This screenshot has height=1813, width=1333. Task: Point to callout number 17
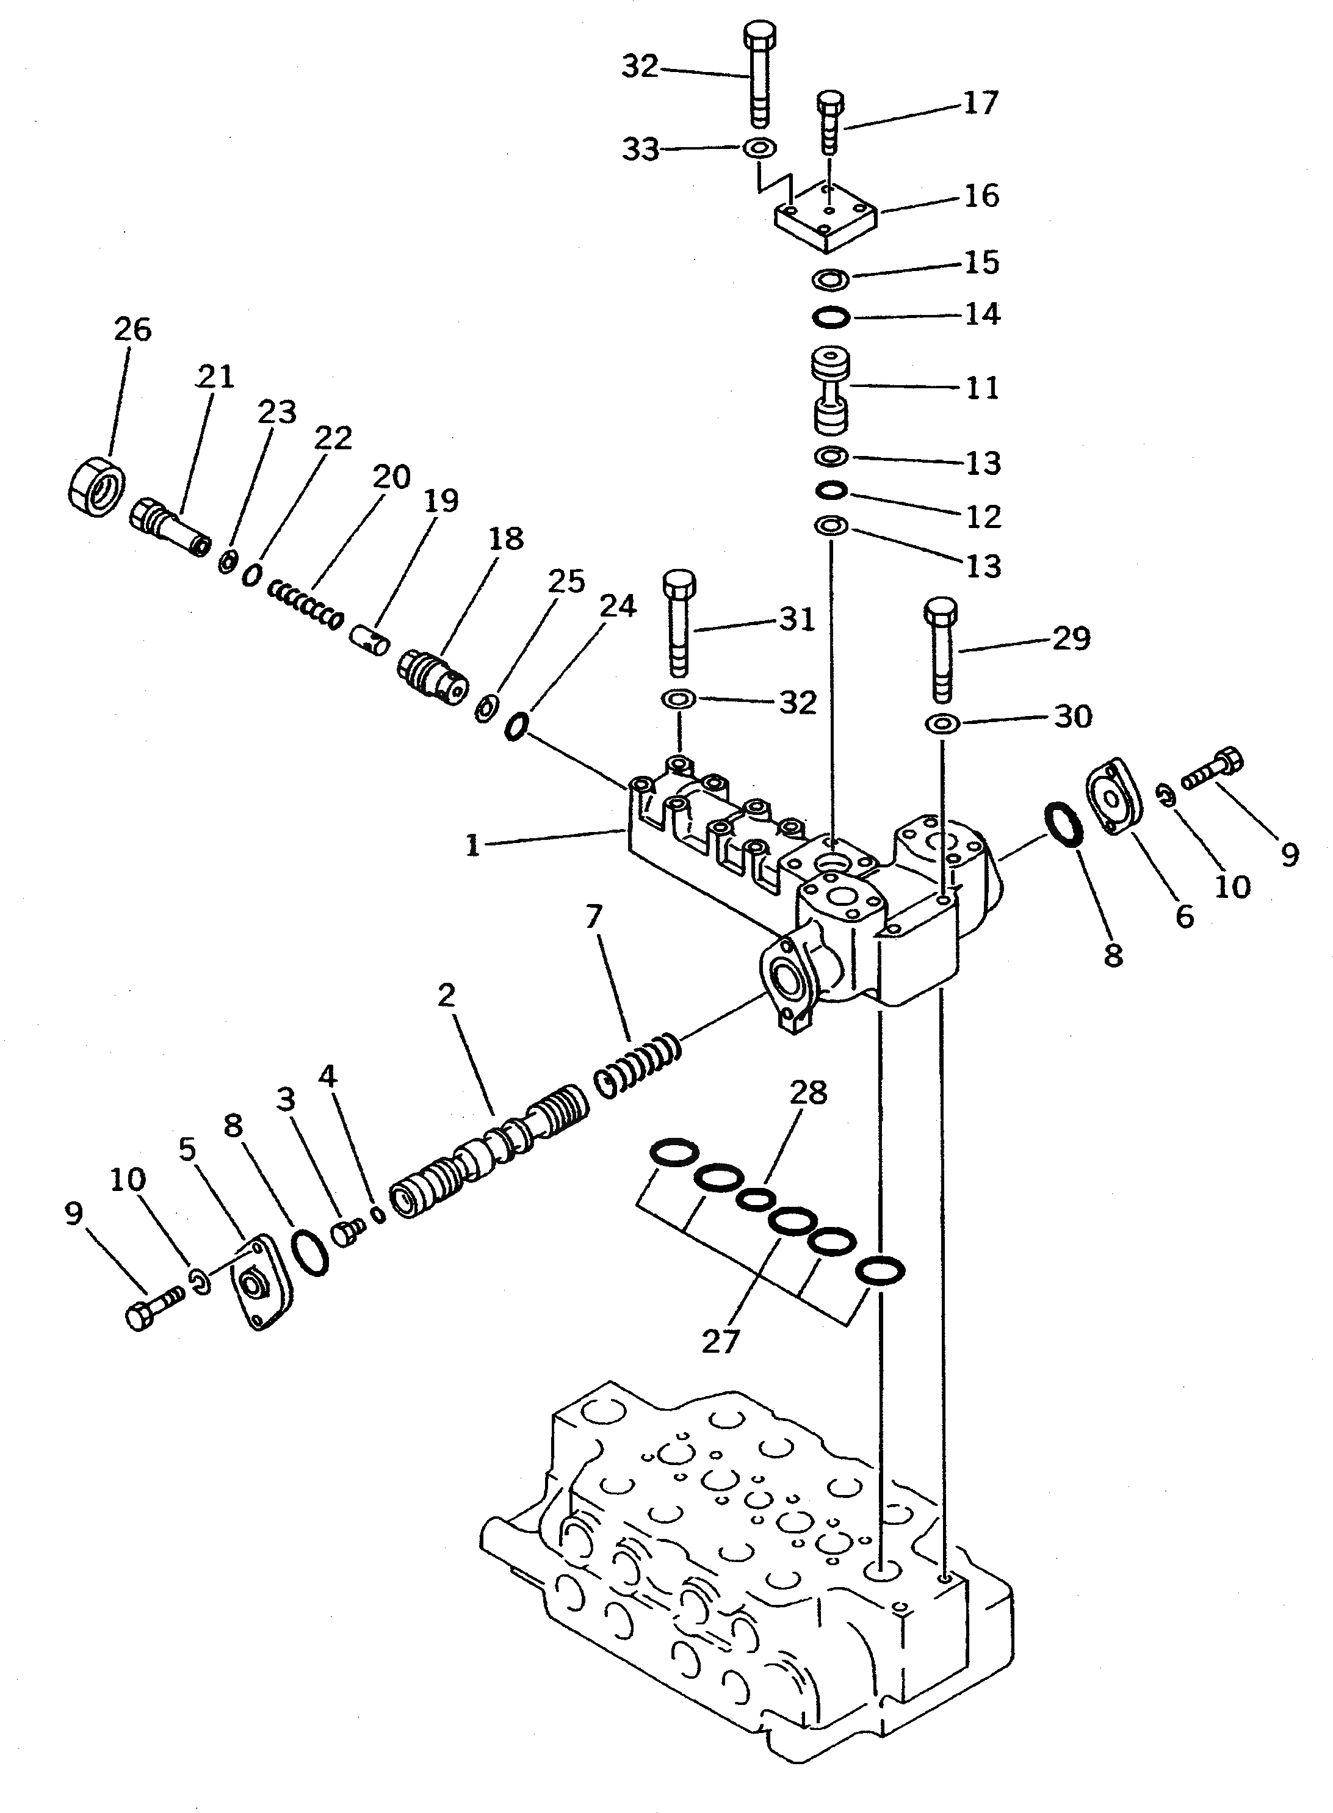(980, 103)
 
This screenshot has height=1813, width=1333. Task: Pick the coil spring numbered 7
(638, 1068)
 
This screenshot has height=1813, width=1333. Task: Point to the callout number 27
(721, 1341)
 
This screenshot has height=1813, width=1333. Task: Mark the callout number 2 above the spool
(446, 996)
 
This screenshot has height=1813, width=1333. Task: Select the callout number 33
(640, 150)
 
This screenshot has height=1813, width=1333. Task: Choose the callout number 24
(617, 606)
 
